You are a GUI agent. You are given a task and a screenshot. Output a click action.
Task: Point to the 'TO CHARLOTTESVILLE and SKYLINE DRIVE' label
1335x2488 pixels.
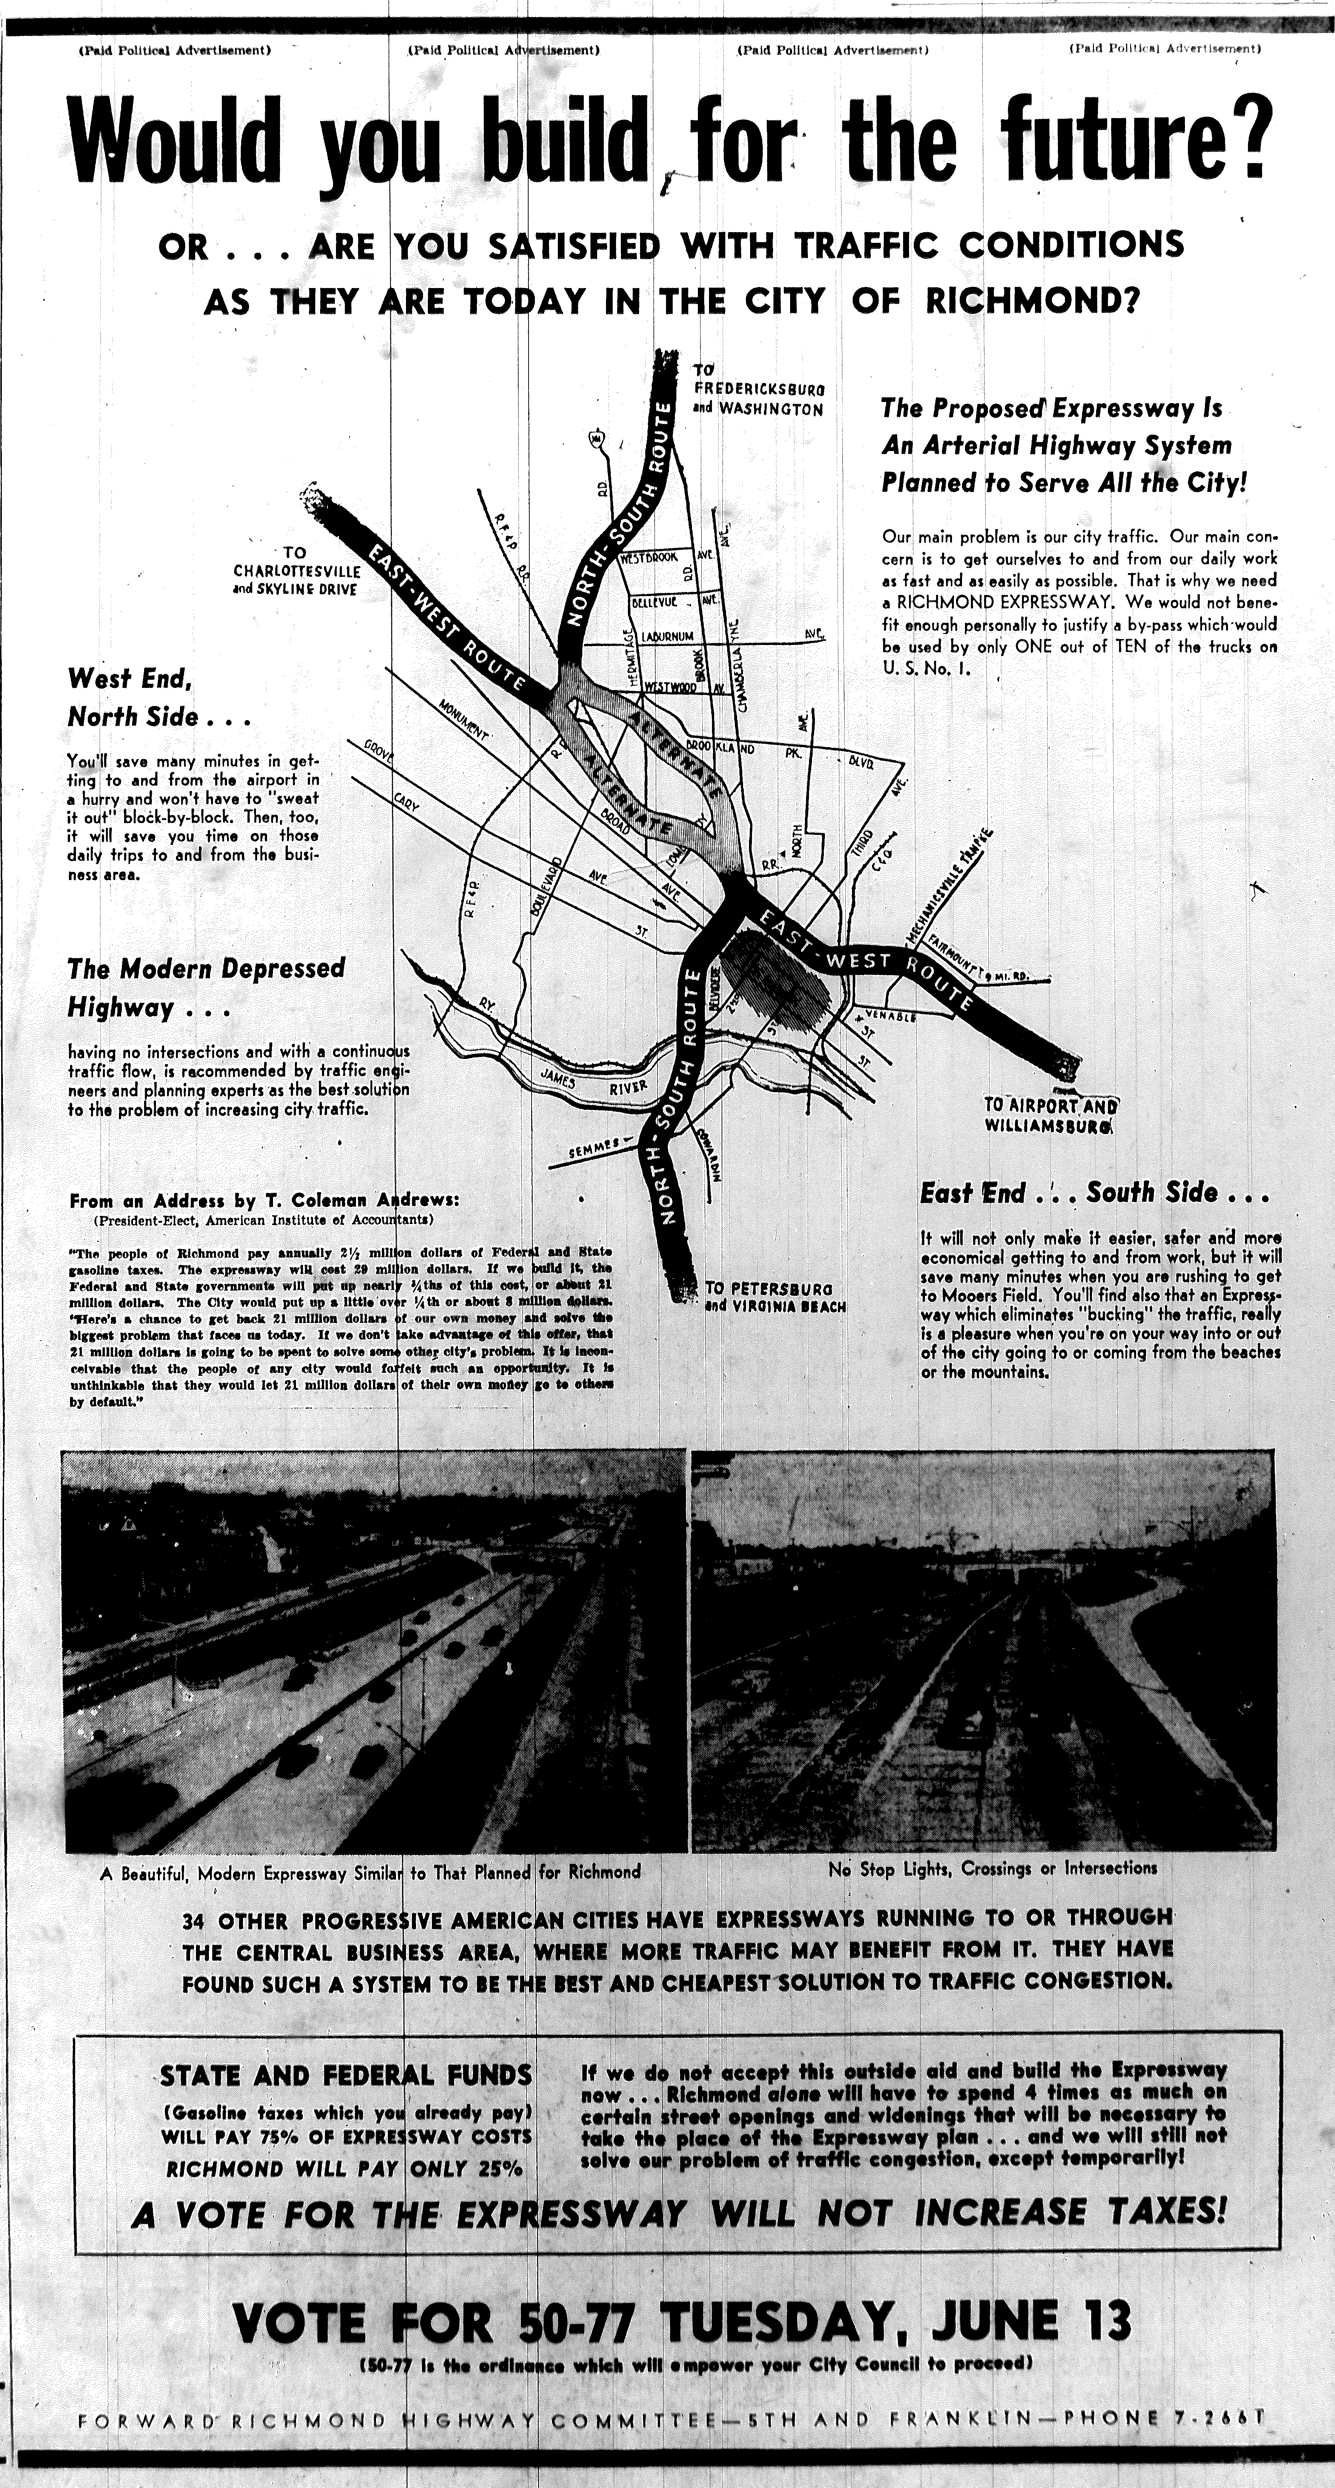coord(296,571)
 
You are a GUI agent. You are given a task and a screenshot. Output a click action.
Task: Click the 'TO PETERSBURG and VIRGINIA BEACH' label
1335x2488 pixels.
coord(775,1297)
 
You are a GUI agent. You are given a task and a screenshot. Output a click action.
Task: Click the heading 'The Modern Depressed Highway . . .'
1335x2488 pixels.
coord(206,987)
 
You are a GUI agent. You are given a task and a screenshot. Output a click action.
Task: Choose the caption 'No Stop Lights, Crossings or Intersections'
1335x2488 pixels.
coord(992,1869)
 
